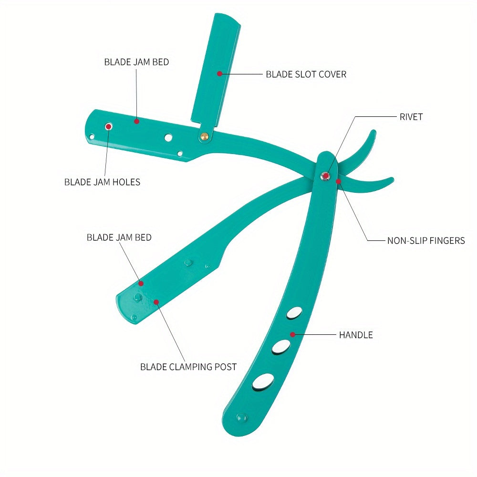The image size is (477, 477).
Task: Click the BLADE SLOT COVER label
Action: click(306, 74)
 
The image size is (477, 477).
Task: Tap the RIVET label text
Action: click(411, 117)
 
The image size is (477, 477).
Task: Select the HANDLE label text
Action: click(356, 335)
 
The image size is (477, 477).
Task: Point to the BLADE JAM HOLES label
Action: click(102, 182)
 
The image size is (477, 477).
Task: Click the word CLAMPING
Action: click(189, 367)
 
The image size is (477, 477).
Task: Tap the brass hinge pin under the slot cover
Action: click(205, 136)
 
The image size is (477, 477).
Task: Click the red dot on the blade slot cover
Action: click(219, 73)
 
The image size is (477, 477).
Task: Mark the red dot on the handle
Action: click(293, 334)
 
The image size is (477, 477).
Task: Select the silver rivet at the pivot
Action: click(325, 176)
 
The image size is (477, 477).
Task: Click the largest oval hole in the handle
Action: click(263, 382)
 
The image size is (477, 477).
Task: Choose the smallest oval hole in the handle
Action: click(294, 313)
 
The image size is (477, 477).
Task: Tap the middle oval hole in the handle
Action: click(281, 347)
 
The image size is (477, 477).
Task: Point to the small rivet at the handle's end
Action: click(241, 417)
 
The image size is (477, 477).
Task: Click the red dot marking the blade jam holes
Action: click(109, 126)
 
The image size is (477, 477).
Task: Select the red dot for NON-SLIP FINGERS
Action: click(338, 181)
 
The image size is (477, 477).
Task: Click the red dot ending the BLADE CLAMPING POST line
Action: click(156, 301)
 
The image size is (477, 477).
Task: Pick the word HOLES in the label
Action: click(127, 182)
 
